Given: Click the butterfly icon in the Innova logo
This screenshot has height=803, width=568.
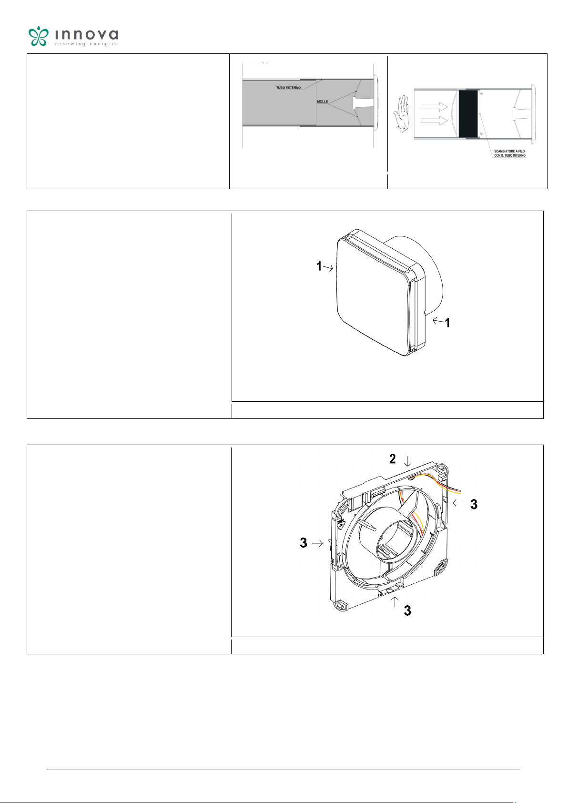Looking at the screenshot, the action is (x=38, y=36).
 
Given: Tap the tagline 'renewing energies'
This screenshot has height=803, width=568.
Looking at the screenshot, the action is (x=86, y=44).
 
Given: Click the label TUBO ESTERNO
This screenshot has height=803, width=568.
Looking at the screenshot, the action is (x=288, y=88).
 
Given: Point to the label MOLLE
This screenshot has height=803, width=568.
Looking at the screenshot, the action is (x=322, y=102).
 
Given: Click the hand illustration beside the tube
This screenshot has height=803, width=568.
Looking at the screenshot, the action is (x=401, y=114).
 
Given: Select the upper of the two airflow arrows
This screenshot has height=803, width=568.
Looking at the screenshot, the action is (x=434, y=107).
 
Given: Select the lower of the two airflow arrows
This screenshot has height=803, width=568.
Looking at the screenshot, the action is (x=434, y=121).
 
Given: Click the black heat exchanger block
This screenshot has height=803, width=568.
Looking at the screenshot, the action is (x=468, y=113).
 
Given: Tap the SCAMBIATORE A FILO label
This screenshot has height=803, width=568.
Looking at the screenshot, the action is (x=509, y=153).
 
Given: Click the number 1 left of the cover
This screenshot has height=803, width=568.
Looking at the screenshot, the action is (x=319, y=266).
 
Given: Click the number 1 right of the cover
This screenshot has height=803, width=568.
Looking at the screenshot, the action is (x=447, y=323).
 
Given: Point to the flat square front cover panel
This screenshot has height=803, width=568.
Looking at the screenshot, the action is (x=373, y=294).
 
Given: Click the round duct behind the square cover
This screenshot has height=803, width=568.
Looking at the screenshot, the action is (x=432, y=273).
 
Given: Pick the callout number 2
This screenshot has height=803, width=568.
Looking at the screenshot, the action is (x=393, y=459).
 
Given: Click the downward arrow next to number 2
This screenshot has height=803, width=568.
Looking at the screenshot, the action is (x=407, y=461).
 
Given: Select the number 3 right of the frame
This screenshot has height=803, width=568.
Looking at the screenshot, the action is (x=474, y=504).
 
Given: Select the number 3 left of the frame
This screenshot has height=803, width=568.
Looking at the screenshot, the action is (x=304, y=543).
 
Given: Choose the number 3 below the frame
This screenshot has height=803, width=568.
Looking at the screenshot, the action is (x=407, y=610).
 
